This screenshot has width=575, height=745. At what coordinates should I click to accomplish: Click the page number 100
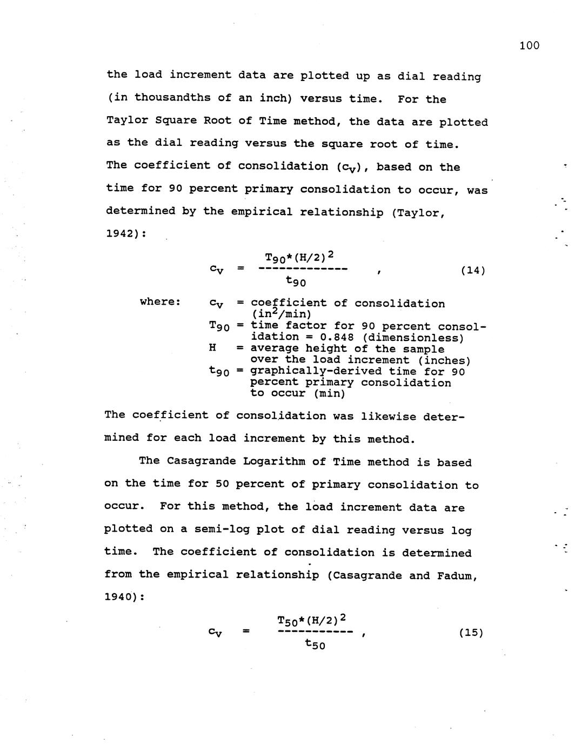[529, 45]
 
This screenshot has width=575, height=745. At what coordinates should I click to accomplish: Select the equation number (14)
[472, 270]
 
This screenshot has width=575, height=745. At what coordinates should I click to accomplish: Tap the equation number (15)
[470, 632]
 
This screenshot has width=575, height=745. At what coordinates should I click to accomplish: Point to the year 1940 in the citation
[121, 597]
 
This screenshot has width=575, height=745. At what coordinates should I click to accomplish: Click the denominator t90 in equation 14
[296, 281]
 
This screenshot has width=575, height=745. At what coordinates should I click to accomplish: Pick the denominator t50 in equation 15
[315, 643]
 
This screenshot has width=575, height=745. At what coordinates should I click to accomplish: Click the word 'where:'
[160, 301]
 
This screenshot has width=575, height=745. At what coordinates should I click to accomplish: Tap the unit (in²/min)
[281, 314]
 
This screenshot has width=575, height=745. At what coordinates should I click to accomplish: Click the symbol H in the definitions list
[212, 348]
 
